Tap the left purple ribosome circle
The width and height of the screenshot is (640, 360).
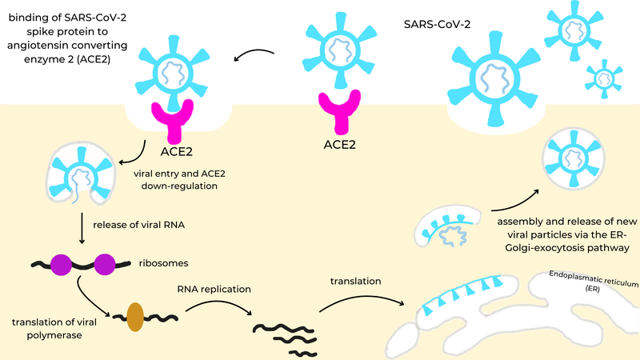coord(63,262)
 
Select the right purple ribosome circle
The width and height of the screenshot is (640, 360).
coord(105,262)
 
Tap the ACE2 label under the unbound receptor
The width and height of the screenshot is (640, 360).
coord(337,146)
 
